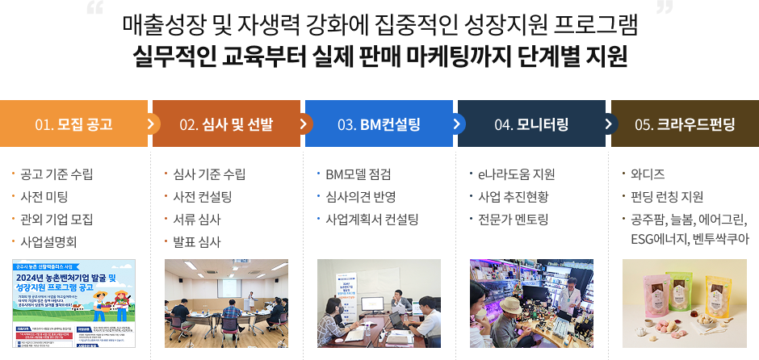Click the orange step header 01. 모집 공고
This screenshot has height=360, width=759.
click(73, 124)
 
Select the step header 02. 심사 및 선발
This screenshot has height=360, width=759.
click(226, 124)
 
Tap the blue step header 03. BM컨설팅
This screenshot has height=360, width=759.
click(379, 124)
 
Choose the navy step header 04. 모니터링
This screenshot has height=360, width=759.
click(531, 124)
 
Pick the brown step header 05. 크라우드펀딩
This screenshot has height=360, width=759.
click(685, 124)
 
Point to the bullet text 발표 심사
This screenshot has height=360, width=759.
click(197, 241)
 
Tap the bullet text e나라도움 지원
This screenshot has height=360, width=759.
click(517, 174)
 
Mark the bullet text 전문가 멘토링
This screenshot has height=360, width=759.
click(514, 219)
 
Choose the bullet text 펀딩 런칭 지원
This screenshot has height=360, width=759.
click(667, 196)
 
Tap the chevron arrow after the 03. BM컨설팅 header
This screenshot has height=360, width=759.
click(457, 124)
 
